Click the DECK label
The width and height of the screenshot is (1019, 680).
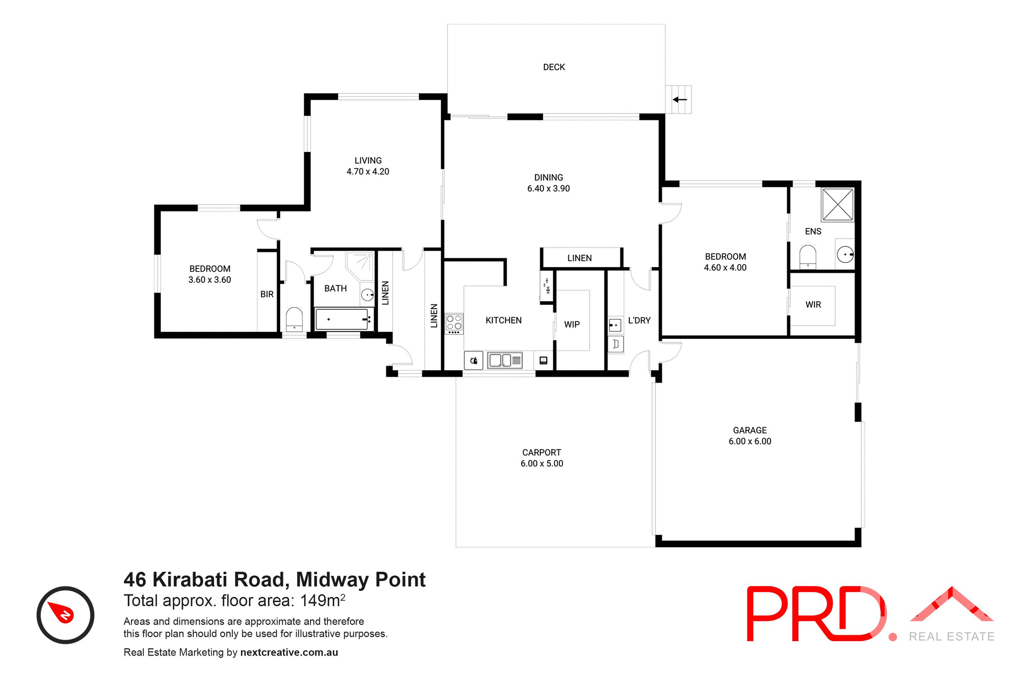(554, 67)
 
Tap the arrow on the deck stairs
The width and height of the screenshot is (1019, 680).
(679, 99)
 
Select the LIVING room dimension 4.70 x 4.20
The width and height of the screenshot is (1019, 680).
(368, 172)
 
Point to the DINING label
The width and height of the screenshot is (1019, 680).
(548, 177)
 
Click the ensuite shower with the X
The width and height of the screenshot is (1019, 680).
(837, 205)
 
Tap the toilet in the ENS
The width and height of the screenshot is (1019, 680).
(807, 256)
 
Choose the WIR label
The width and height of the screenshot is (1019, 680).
(813, 304)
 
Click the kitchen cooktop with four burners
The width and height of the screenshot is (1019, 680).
(454, 323)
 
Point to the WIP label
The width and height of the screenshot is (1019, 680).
(572, 324)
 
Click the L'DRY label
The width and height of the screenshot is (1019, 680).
(639, 320)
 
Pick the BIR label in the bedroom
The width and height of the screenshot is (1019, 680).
(267, 294)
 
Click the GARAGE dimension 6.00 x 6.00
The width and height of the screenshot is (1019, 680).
(749, 441)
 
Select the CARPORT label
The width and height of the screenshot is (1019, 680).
(541, 452)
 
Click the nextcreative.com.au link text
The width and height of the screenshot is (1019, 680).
(289, 652)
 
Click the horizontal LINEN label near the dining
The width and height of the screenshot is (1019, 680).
(579, 258)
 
